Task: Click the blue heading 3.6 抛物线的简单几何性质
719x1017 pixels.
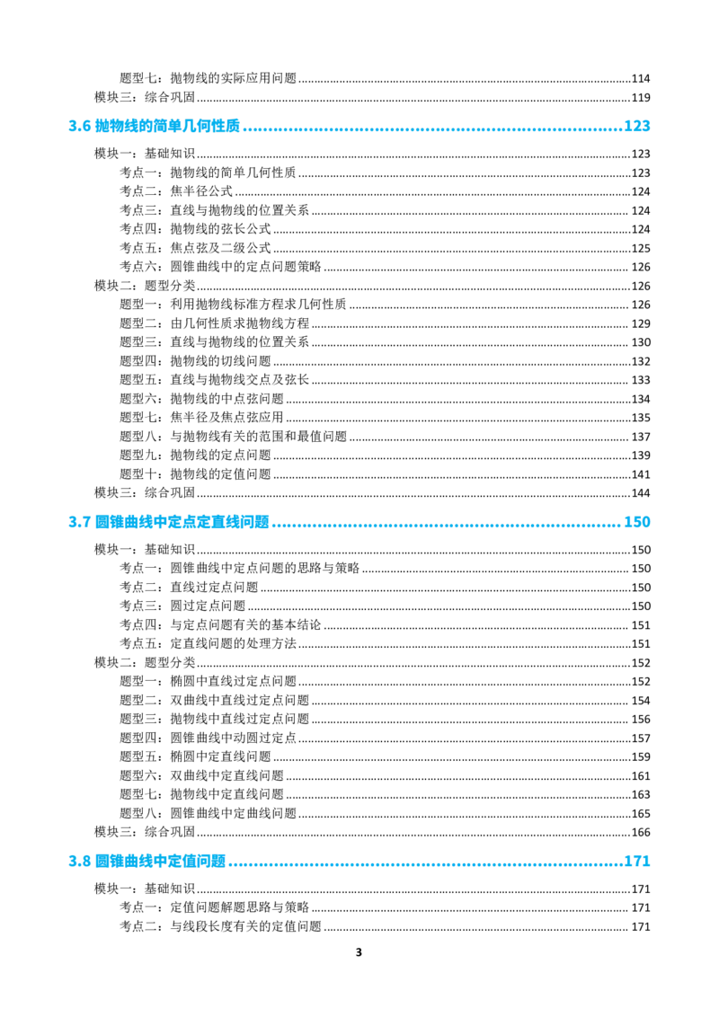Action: [x=155, y=126]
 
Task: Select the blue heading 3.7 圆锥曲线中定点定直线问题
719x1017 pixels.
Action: [x=169, y=522]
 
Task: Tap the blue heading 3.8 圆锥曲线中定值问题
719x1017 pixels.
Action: [x=147, y=862]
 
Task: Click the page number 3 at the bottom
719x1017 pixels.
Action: [x=359, y=952]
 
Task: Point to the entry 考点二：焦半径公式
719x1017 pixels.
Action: [x=176, y=191]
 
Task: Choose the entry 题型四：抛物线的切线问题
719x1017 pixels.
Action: [x=195, y=361]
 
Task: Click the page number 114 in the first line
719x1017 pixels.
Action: [x=641, y=78]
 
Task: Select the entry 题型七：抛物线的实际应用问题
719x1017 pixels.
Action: [x=208, y=78]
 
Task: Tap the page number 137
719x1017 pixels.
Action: [x=641, y=438]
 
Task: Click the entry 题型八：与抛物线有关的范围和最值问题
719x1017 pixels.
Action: [x=233, y=437]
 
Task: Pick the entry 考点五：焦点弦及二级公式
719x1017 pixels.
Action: [x=195, y=248]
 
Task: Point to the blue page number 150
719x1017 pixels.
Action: [x=636, y=522]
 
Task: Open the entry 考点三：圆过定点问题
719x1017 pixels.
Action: [x=182, y=606]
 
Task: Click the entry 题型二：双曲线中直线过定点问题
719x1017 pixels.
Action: [x=214, y=701]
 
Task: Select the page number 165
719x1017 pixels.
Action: [x=641, y=814]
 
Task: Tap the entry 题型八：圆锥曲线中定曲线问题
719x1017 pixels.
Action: [x=208, y=813]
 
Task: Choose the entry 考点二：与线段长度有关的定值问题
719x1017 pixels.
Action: [x=220, y=926]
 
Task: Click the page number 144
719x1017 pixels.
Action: [x=641, y=493]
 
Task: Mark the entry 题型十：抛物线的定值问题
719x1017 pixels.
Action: [x=195, y=474]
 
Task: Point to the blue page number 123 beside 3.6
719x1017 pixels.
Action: [x=636, y=126]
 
